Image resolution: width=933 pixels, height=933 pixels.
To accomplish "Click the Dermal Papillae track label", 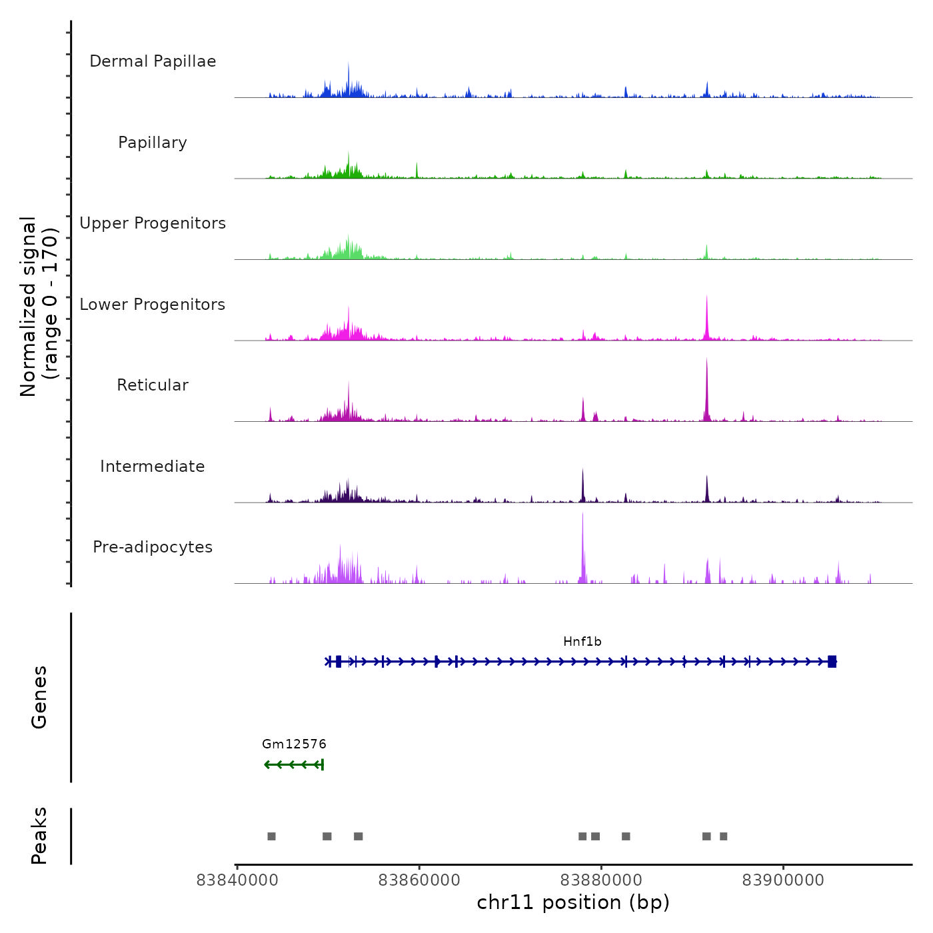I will (153, 61).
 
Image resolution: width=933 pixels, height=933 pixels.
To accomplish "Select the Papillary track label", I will (153, 143).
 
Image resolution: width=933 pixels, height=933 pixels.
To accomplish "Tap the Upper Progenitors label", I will (153, 223).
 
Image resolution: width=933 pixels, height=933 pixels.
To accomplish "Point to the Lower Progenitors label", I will (153, 305).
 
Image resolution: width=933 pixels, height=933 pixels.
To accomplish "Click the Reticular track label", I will (153, 385).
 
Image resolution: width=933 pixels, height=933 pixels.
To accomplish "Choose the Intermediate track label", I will (153, 467).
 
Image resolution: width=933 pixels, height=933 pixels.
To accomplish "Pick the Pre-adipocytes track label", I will (153, 547).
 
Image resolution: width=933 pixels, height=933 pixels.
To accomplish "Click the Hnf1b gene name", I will (582, 642).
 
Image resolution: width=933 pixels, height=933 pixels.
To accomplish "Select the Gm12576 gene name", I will (294, 744).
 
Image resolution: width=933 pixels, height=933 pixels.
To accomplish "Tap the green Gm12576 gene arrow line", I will (294, 764).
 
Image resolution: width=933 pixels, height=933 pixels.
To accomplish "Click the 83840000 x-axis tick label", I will (237, 880).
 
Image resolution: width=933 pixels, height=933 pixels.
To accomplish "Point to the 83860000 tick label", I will (419, 880).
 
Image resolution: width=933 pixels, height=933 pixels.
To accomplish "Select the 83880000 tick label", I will (601, 880).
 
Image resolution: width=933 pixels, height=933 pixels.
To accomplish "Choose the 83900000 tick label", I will (783, 880).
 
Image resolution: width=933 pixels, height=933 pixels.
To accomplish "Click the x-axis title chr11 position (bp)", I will (573, 903).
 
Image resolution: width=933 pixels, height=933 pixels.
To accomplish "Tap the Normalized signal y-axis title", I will (39, 307).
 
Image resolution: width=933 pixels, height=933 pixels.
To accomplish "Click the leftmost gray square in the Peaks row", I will (271, 836).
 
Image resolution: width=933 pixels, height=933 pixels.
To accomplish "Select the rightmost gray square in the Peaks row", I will (723, 836).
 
